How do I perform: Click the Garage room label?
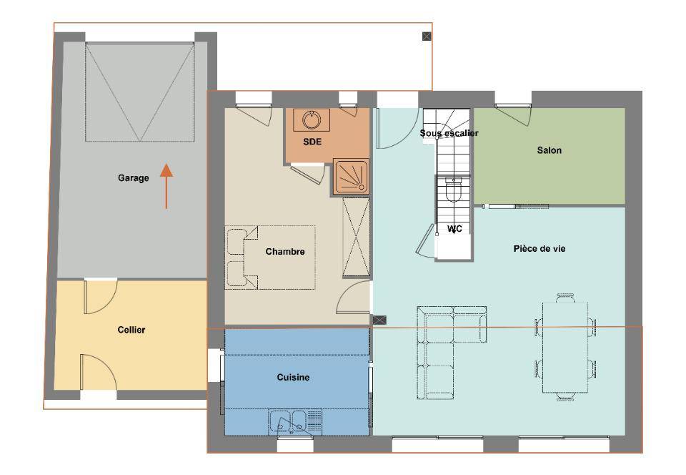tap(134, 177)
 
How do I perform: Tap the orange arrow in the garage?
tap(166, 185)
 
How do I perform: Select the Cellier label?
tap(131, 330)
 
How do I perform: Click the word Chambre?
tap(285, 251)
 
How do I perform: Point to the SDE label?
tap(312, 142)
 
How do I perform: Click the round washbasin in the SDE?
tap(311, 119)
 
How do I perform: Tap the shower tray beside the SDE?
tap(350, 176)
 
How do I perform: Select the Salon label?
tap(549, 150)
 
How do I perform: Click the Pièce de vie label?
tap(540, 249)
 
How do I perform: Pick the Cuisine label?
tap(293, 377)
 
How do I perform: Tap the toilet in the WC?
tap(453, 189)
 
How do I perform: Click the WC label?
tap(454, 228)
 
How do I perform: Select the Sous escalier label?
tap(449, 132)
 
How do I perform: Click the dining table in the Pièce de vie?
tap(565, 347)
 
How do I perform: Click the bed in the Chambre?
tap(270, 258)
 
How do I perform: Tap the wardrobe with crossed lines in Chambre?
tap(356, 237)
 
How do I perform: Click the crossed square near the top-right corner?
tap(427, 36)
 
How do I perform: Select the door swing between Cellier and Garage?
tap(101, 296)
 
